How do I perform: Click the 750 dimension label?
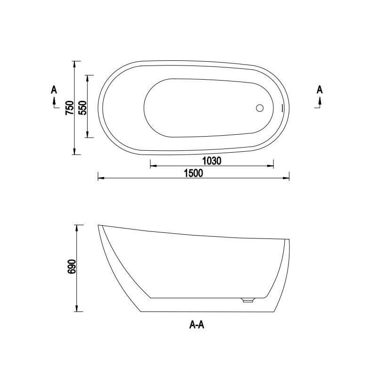tap(69, 108)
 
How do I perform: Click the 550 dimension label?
tap(82, 107)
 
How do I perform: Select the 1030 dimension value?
tap(212, 161)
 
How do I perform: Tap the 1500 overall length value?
tap(193, 173)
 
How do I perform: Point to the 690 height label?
tap(72, 266)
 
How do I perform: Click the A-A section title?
tap(197, 325)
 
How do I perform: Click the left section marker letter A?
tap(54, 90)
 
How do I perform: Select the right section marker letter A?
tap(320, 90)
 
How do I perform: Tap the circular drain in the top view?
tap(260, 108)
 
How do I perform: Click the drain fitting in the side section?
tap(248, 300)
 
